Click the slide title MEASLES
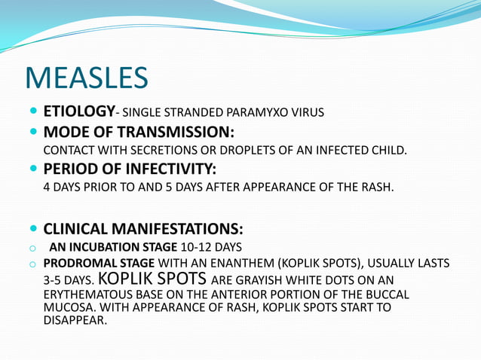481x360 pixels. (87, 78)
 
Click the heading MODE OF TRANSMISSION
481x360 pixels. (133, 133)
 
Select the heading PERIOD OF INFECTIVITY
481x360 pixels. (130, 169)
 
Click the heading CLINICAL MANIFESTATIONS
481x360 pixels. (143, 228)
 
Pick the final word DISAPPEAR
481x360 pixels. (75, 320)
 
